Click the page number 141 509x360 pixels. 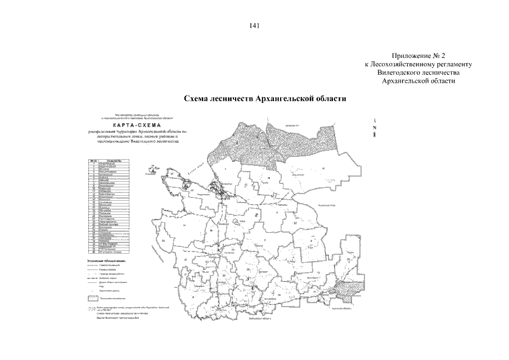coord(254,25)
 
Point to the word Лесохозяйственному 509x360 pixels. coord(406,65)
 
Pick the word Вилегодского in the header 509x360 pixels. coord(397,73)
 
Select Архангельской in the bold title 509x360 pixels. coord(282,98)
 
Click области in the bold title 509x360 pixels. coord(328,98)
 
